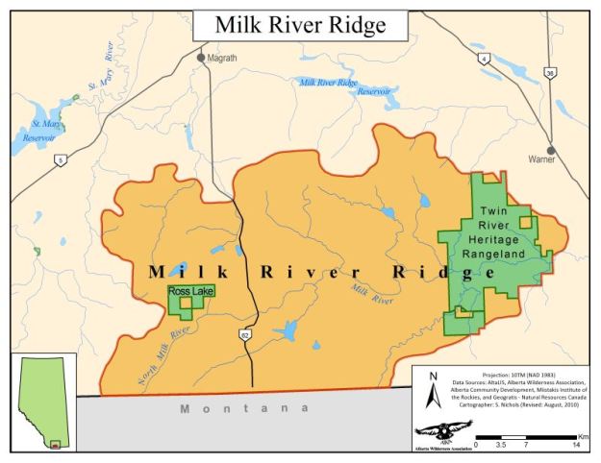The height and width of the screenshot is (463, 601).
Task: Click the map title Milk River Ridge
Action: pyautogui.click(x=299, y=25)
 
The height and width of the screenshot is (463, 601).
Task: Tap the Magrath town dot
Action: pyautogui.click(x=201, y=58)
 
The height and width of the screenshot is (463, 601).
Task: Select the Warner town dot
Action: pyautogui.click(x=550, y=150)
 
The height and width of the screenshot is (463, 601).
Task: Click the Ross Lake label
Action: pyautogui.click(x=190, y=291)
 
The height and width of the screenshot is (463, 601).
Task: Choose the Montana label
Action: pyautogui.click(x=246, y=410)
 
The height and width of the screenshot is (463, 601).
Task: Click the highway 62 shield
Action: pyautogui.click(x=245, y=334)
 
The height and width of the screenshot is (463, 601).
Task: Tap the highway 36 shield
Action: pyautogui.click(x=549, y=72)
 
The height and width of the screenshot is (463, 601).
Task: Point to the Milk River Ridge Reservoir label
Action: pyautogui.click(x=338, y=86)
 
